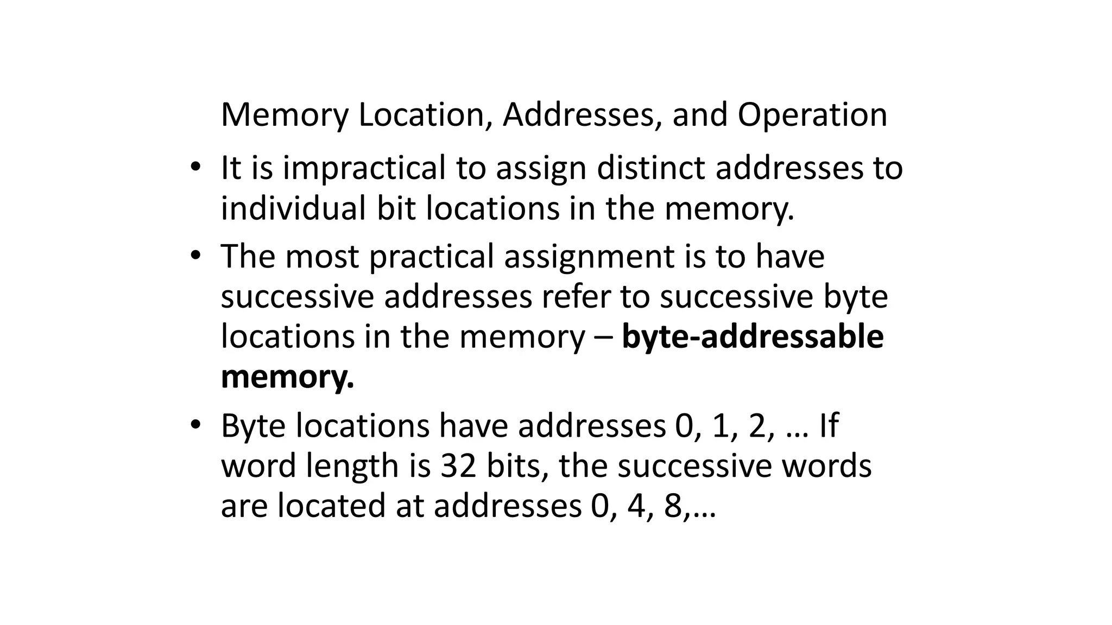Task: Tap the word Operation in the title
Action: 812,116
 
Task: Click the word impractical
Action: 364,168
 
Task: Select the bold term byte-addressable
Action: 753,337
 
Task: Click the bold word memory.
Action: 287,377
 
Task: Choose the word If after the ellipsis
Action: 828,426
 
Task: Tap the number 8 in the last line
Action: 672,506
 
